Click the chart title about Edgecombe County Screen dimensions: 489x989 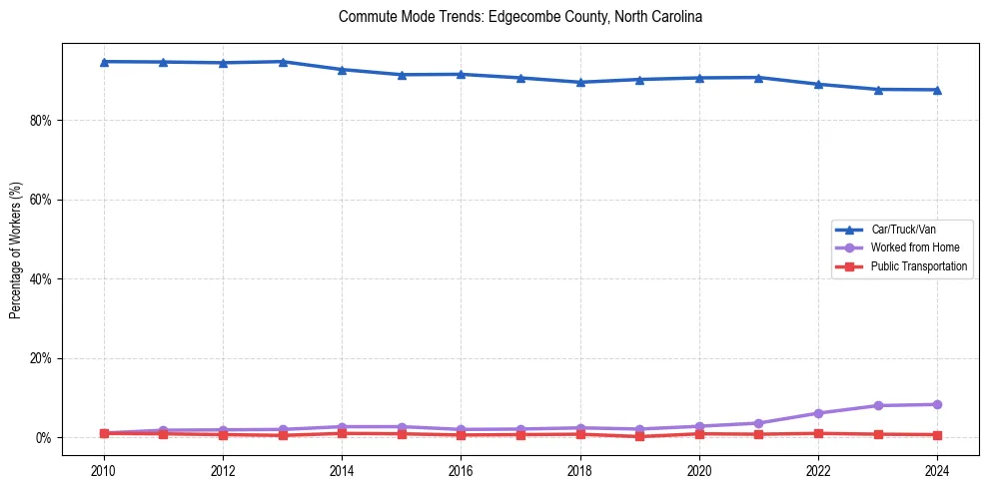click(x=520, y=17)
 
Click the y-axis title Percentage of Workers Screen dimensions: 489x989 click(x=15, y=249)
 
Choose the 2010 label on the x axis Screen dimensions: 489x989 click(x=104, y=470)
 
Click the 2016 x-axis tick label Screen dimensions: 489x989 click(x=461, y=470)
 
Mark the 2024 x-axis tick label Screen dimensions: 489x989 click(x=937, y=470)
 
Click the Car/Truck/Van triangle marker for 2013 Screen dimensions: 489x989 click(x=283, y=62)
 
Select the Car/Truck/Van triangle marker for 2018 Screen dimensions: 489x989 click(x=580, y=82)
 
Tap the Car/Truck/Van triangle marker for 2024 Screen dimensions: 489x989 click(x=937, y=90)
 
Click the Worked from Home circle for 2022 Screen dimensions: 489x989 click(x=818, y=413)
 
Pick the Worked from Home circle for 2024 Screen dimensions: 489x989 click(x=937, y=404)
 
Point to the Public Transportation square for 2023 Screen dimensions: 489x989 click(x=878, y=434)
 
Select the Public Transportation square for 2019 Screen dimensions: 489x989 click(x=639, y=436)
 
